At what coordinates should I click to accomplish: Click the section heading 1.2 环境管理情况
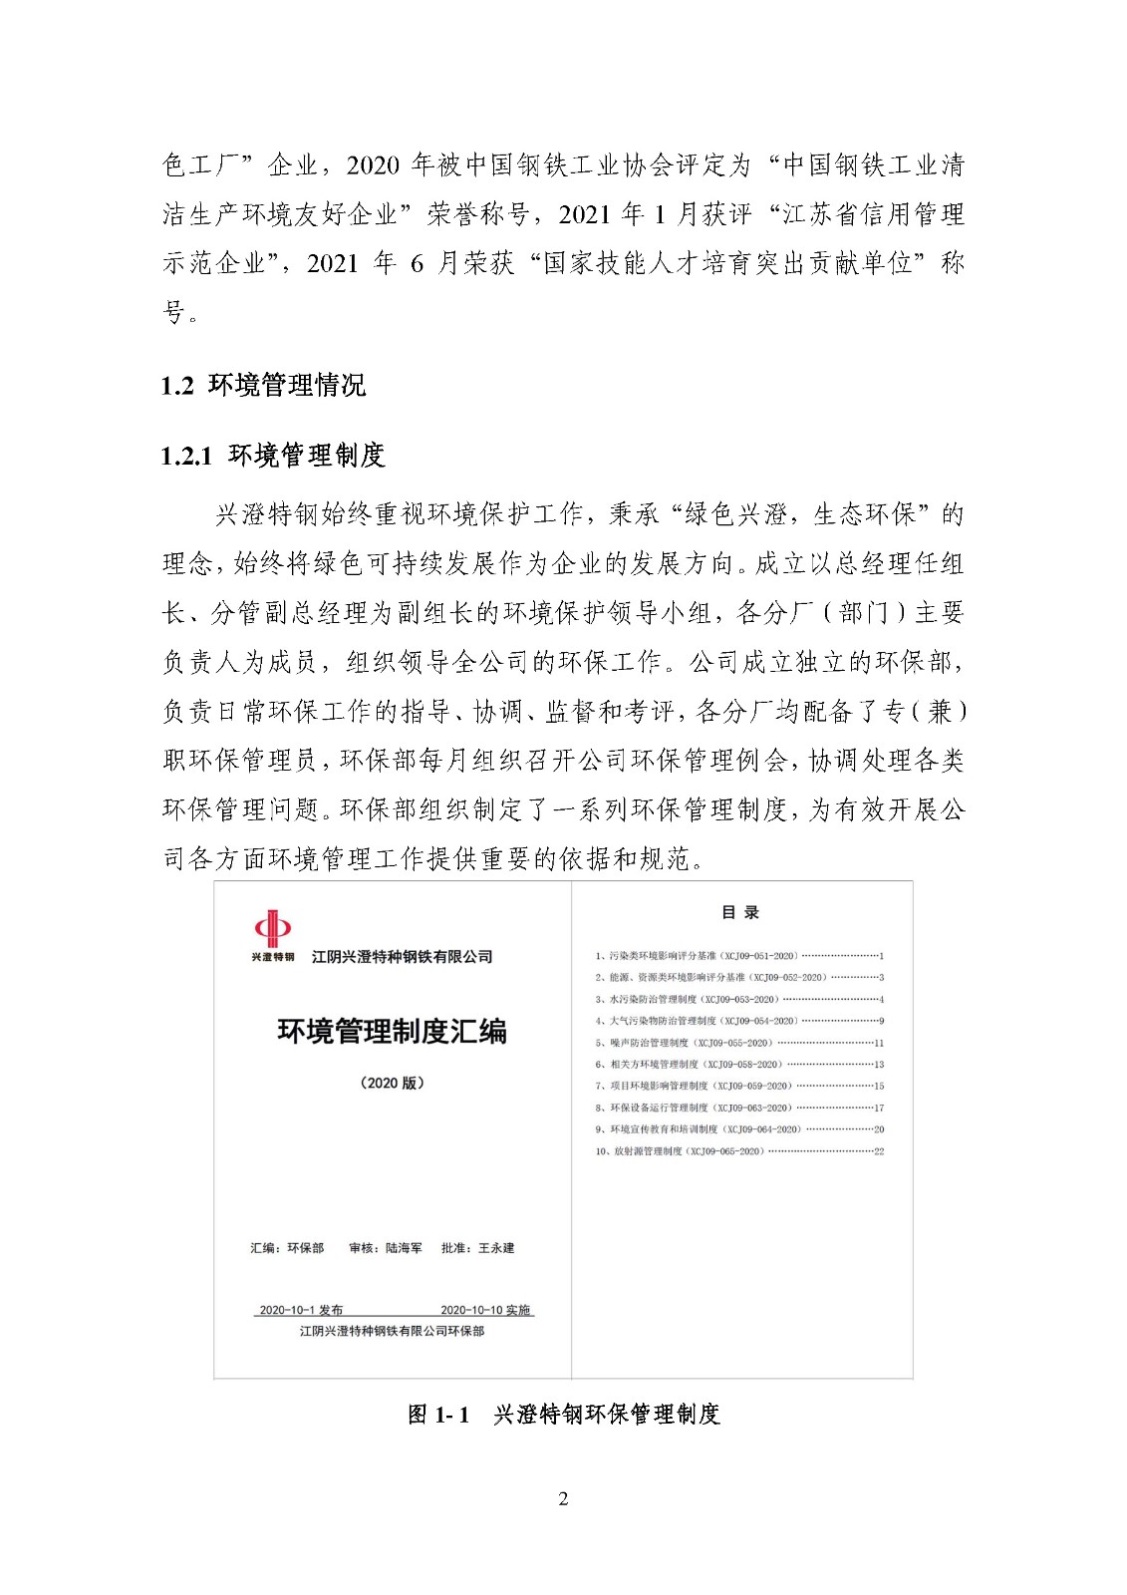pyautogui.click(x=264, y=385)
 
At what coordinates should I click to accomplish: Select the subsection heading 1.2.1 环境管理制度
pyautogui.click(x=273, y=456)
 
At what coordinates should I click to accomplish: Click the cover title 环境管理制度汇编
pyautogui.click(x=392, y=1031)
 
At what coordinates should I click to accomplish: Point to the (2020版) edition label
pyautogui.click(x=392, y=1083)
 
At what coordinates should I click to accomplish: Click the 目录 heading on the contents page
pyautogui.click(x=740, y=912)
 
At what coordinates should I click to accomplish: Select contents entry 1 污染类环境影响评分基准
pyautogui.click(x=738, y=956)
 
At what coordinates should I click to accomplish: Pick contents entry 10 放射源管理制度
pyautogui.click(x=738, y=1151)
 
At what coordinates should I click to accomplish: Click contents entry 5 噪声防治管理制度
pyautogui.click(x=738, y=1043)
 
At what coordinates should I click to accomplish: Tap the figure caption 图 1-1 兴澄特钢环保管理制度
pyautogui.click(x=564, y=1414)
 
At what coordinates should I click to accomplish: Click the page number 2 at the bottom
pyautogui.click(x=563, y=1498)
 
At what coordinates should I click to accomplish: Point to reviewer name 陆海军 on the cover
pyautogui.click(x=404, y=1248)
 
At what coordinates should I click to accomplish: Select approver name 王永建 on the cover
pyautogui.click(x=496, y=1248)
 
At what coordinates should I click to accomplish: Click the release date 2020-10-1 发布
pyautogui.click(x=301, y=1310)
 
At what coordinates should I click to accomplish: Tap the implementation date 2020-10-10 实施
pyautogui.click(x=485, y=1310)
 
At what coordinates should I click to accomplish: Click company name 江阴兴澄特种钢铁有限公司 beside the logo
pyautogui.click(x=402, y=957)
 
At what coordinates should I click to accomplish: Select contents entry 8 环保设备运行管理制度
pyautogui.click(x=738, y=1108)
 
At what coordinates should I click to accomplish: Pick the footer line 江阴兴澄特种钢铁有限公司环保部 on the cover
pyautogui.click(x=392, y=1331)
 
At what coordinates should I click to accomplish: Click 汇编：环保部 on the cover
pyautogui.click(x=287, y=1248)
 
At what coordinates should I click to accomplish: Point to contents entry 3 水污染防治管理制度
pyautogui.click(x=738, y=999)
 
